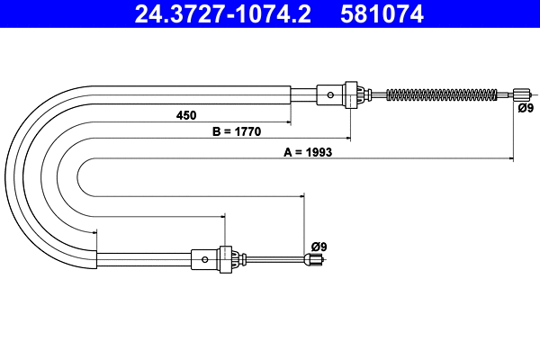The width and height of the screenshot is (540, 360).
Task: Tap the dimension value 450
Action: (187, 115)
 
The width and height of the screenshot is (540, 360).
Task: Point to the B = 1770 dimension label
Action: (236, 131)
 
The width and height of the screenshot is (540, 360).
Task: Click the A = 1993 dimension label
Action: (309, 152)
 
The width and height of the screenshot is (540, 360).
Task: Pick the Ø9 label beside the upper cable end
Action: (526, 108)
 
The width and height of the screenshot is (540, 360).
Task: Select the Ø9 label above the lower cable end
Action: (319, 246)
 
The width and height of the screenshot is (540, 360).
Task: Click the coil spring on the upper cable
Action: (441, 94)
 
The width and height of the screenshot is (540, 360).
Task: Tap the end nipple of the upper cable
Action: (521, 94)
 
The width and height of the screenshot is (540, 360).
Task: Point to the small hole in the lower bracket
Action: (205, 259)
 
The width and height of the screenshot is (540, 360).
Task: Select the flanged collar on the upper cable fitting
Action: (354, 94)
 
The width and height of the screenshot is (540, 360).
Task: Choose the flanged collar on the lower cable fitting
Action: (228, 259)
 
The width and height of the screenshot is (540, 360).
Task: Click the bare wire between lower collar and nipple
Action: (274, 260)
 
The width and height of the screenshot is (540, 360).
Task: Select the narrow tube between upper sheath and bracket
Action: (304, 94)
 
